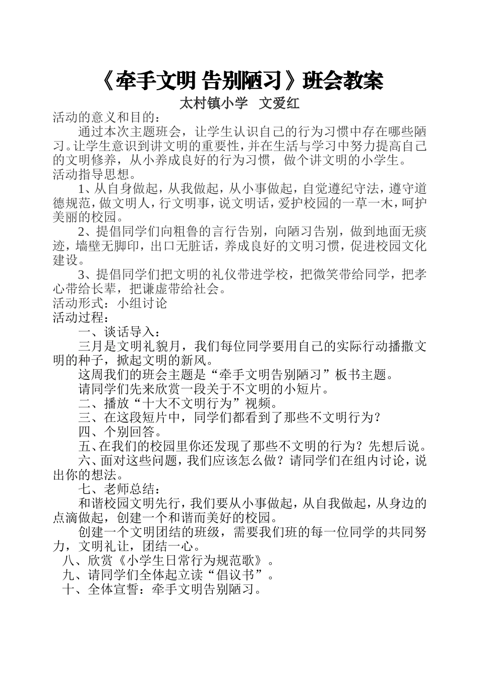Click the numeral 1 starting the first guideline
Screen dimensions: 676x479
point(83,189)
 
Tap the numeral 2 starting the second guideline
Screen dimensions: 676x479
point(83,232)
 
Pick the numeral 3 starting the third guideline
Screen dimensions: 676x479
point(83,275)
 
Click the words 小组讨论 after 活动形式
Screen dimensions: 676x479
point(142,303)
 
